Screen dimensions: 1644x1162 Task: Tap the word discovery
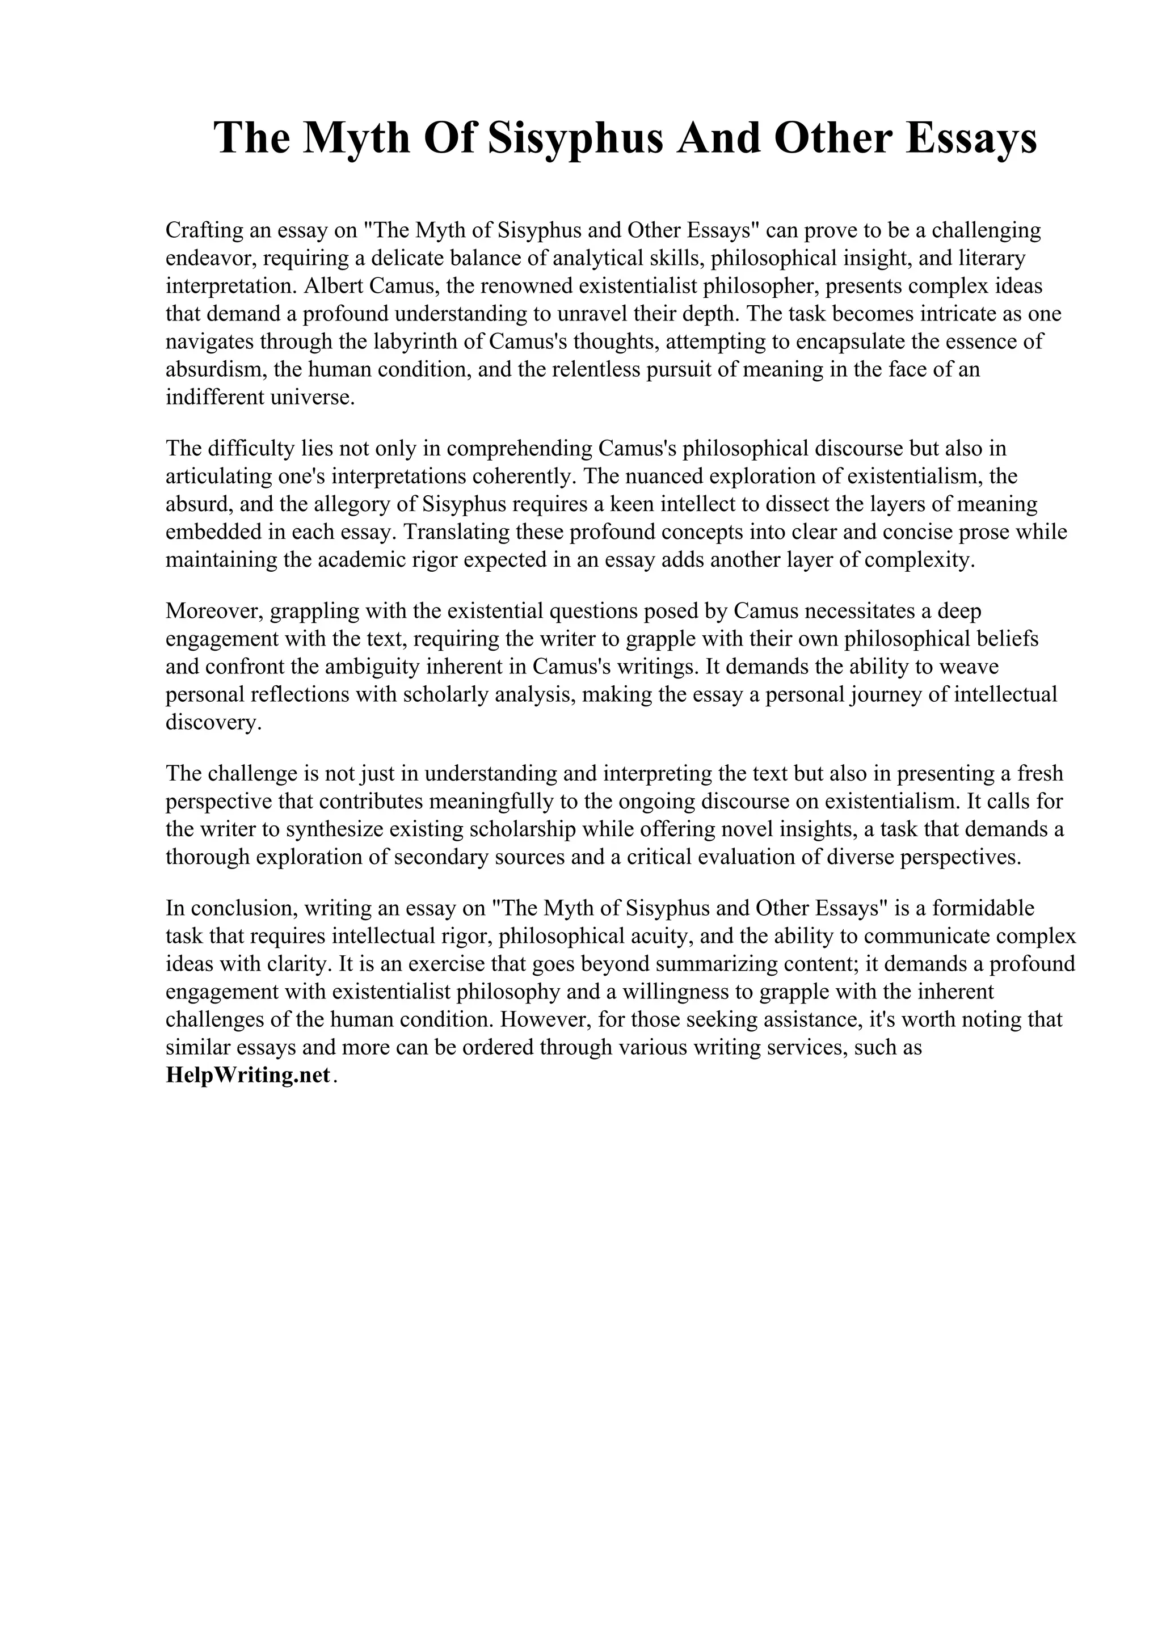(x=210, y=723)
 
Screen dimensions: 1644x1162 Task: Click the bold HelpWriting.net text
(x=248, y=1076)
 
